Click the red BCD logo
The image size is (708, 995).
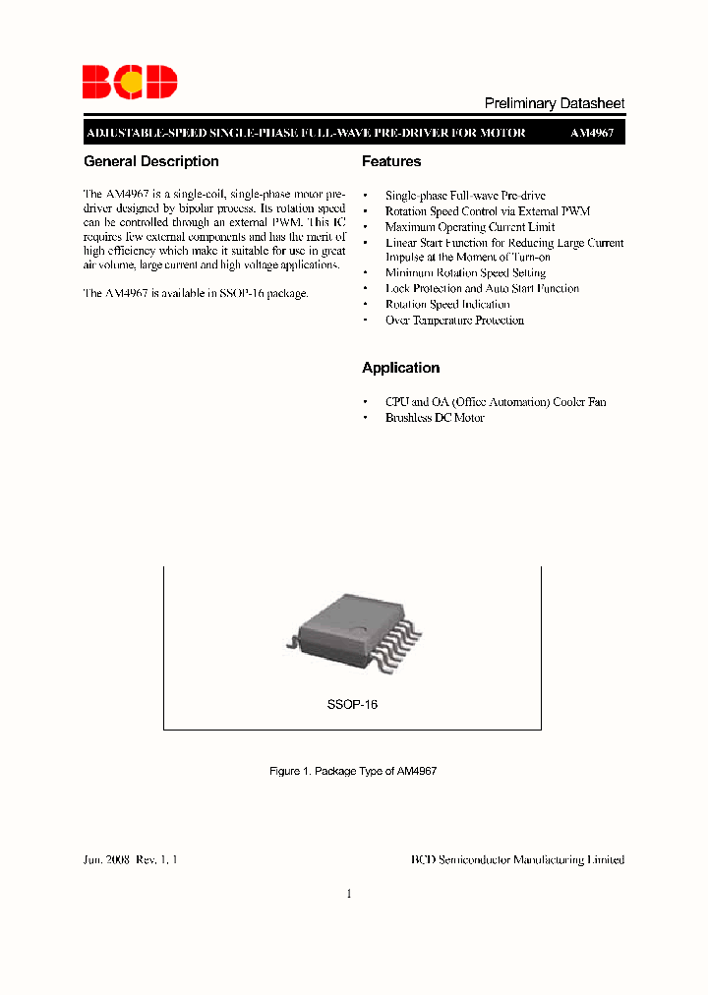tap(129, 83)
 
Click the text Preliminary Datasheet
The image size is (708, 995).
tap(555, 103)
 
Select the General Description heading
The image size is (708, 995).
tap(151, 161)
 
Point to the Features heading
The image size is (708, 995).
tap(391, 161)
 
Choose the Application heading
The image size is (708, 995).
tap(400, 368)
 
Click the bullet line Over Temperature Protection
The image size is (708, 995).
tap(454, 321)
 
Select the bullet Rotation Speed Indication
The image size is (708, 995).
tap(447, 305)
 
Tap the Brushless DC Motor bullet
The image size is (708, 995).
tap(435, 418)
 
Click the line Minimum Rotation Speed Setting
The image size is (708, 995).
tap(465, 273)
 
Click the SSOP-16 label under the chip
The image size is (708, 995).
tap(352, 705)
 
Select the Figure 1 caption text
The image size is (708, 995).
tap(353, 772)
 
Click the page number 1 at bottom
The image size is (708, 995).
tap(349, 894)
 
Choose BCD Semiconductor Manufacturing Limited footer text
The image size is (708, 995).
tap(517, 859)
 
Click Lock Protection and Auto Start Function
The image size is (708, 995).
tap(482, 289)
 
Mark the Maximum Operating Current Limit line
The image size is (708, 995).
tap(470, 227)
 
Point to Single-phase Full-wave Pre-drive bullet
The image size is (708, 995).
tap(465, 196)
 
